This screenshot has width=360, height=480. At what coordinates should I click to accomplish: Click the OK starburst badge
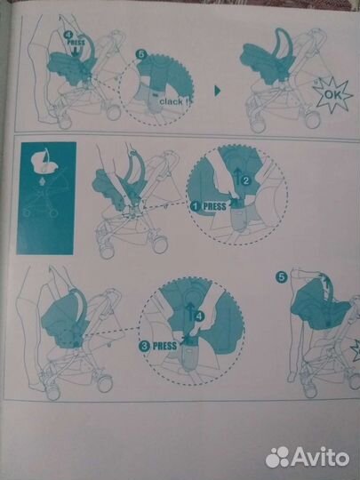click(x=332, y=95)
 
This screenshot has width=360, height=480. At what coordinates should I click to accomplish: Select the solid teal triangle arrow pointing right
click(x=218, y=91)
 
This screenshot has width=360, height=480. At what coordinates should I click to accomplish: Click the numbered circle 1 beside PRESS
click(x=195, y=206)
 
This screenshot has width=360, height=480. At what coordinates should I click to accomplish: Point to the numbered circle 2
click(x=246, y=180)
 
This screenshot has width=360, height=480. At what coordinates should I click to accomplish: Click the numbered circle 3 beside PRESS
click(x=144, y=347)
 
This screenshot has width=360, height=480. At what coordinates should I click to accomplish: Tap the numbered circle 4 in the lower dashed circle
click(x=200, y=316)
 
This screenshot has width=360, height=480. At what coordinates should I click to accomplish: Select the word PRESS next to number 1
click(x=214, y=206)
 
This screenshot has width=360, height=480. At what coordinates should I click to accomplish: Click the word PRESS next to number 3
click(x=164, y=347)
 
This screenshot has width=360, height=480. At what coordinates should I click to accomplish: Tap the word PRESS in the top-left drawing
click(x=76, y=42)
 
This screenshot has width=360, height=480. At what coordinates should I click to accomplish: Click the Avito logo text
click(x=321, y=457)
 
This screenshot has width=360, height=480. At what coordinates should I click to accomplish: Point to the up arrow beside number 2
click(x=237, y=176)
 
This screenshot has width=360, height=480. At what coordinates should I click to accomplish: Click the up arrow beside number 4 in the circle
click(x=191, y=312)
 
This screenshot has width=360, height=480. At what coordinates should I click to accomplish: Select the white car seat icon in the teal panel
click(x=45, y=162)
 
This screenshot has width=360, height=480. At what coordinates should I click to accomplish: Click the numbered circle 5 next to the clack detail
click(x=141, y=55)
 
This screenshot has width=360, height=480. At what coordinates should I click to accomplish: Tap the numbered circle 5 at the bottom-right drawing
click(x=281, y=277)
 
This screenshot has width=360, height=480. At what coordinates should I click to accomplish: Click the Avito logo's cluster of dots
click(x=277, y=458)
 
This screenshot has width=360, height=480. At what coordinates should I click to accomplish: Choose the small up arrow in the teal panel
click(x=43, y=182)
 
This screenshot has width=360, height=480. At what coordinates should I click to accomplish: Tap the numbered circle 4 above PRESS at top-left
click(x=68, y=35)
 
